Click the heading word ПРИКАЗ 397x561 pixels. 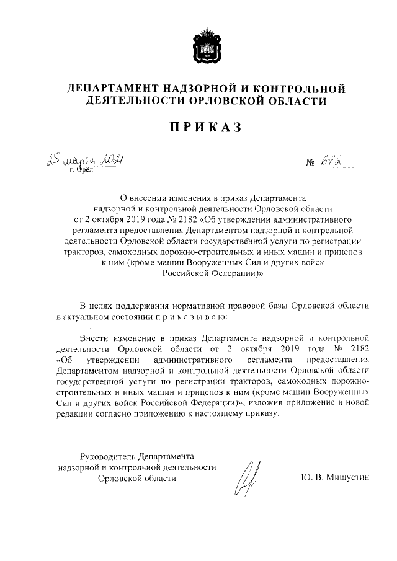click(x=198, y=126)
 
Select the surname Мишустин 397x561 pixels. click(x=347, y=478)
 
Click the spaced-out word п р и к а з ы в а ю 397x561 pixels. click(x=190, y=317)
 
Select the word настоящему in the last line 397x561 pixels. click(x=215, y=415)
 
